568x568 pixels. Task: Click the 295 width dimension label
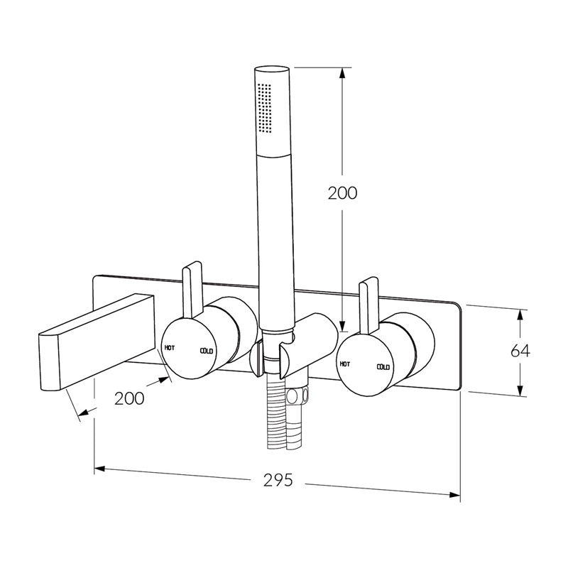click(279, 480)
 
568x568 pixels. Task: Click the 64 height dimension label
click(541, 351)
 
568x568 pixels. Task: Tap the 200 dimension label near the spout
click(130, 398)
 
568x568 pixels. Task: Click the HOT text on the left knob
click(170, 347)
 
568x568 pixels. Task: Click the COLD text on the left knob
click(207, 351)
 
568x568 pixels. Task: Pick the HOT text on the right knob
click(345, 363)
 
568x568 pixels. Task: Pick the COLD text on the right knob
click(383, 367)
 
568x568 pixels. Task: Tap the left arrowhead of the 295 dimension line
click(100, 469)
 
